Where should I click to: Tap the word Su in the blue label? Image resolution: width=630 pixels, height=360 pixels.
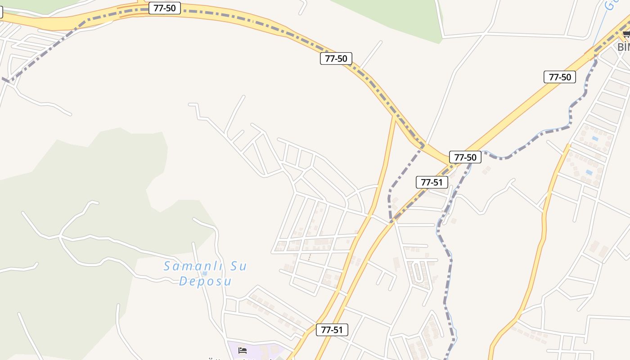tap(238, 266)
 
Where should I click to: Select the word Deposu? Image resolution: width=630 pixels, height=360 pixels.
tap(205, 282)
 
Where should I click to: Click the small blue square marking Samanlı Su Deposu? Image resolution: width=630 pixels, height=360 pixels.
tap(205, 273)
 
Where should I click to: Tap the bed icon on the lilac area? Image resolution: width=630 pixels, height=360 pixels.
tap(243, 350)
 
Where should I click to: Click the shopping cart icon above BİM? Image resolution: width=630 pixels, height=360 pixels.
tap(626, 35)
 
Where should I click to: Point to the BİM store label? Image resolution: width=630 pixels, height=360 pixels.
tap(624, 47)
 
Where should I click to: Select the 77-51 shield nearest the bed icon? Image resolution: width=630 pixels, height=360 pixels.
tap(332, 330)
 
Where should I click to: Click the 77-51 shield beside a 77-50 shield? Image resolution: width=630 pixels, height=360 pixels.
tap(432, 182)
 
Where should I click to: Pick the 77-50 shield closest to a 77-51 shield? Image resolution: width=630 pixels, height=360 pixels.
tap(465, 157)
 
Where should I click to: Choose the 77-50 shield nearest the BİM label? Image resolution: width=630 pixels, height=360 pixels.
tap(560, 77)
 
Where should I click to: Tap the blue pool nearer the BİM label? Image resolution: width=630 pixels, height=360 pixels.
tap(595, 138)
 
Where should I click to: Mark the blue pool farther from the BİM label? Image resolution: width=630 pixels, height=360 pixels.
tap(589, 172)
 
